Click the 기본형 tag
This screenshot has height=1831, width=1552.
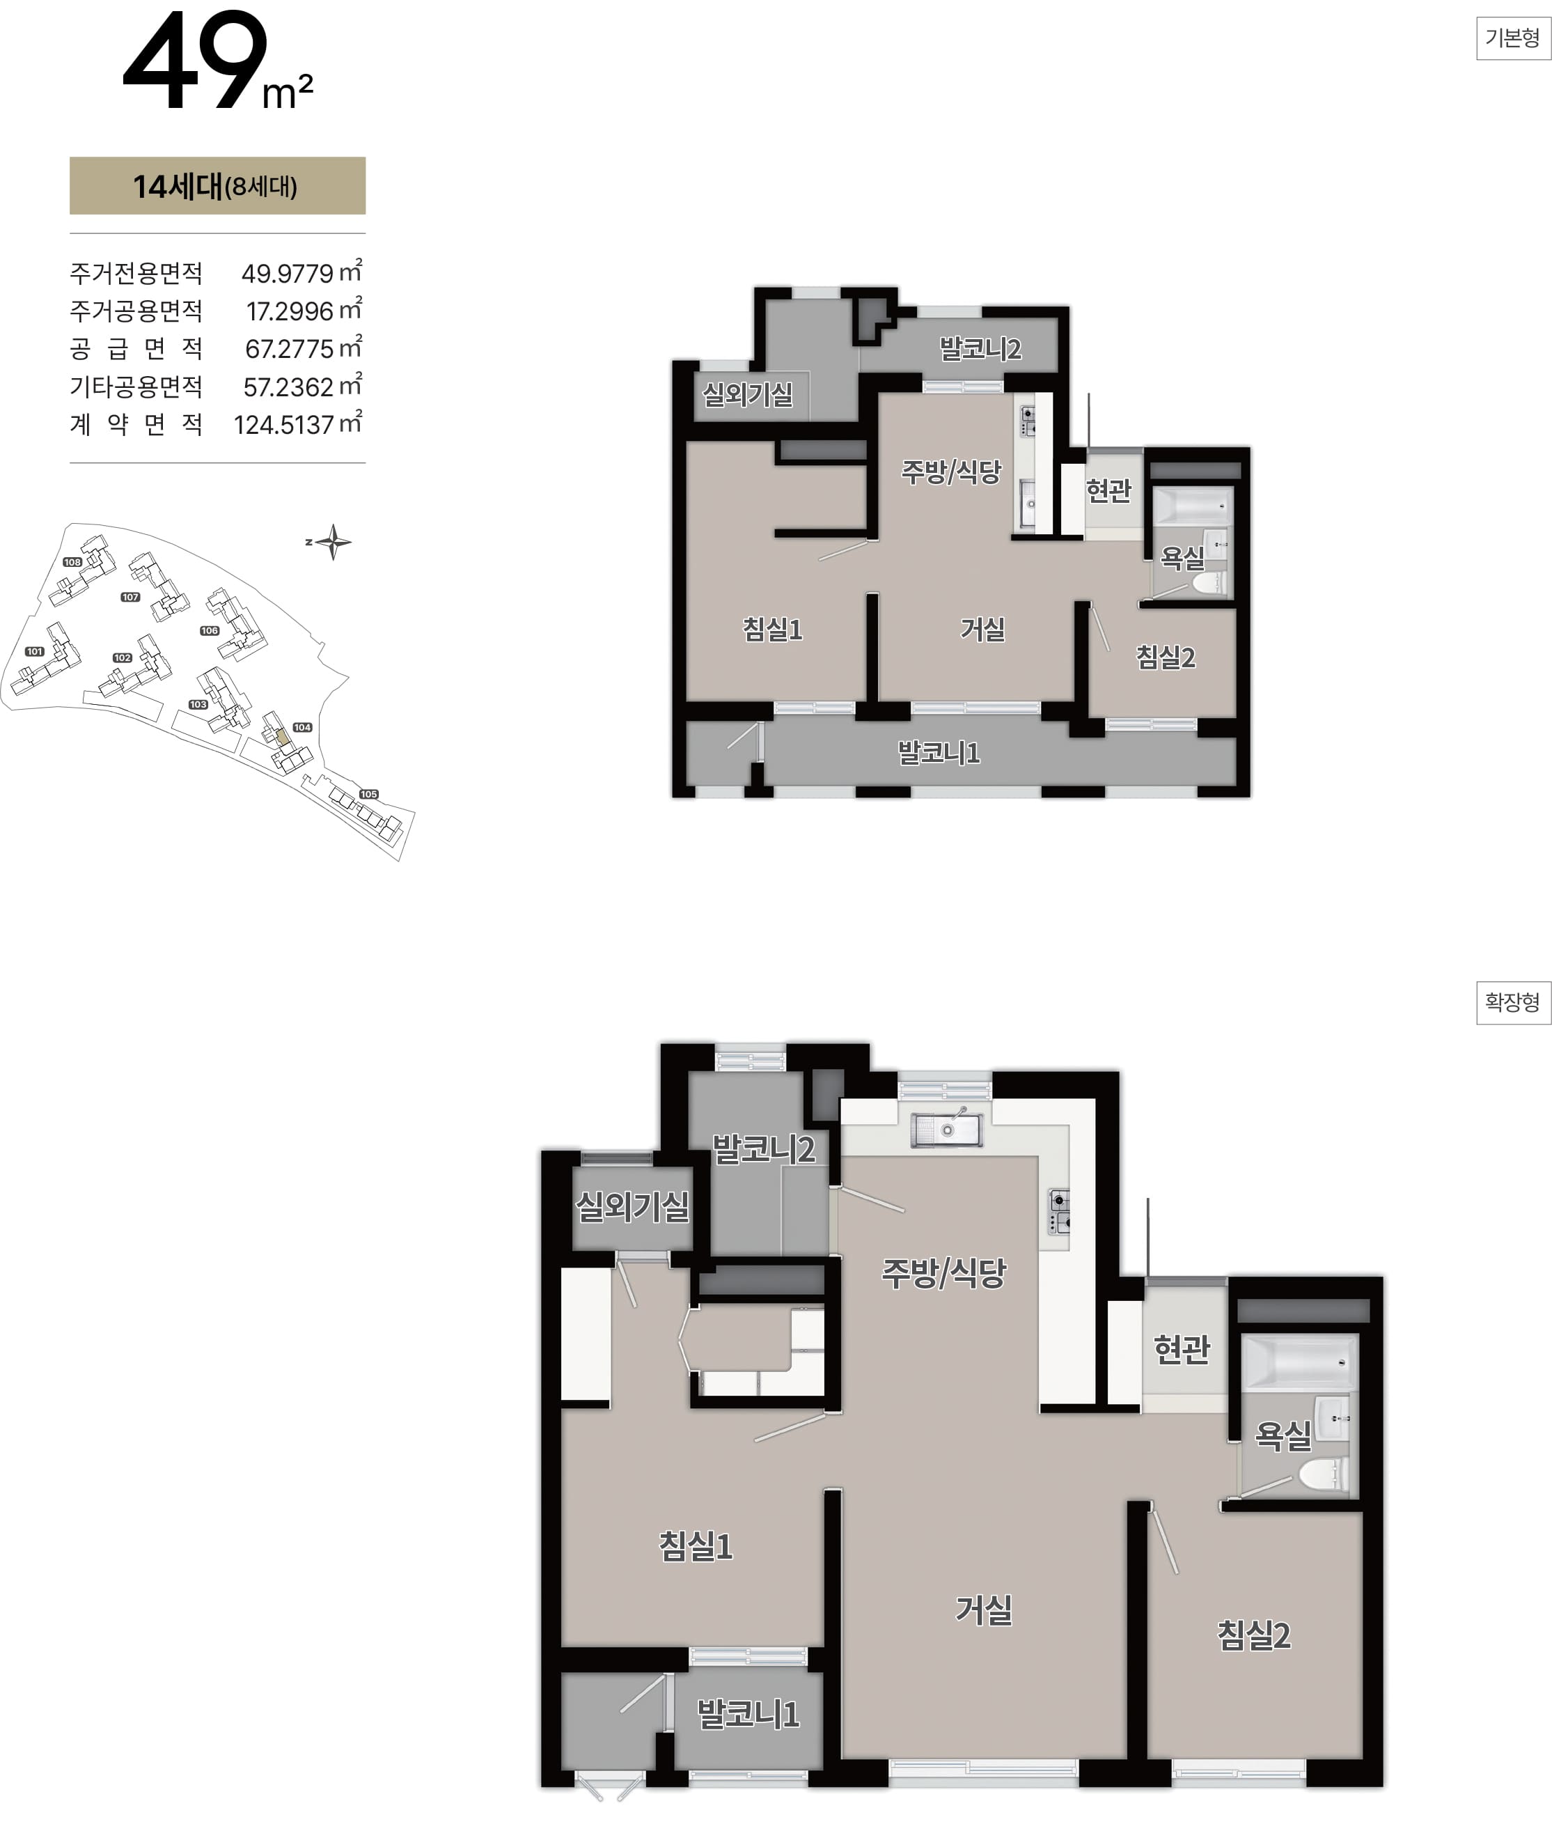[x=1512, y=38]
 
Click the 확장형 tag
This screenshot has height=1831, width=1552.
[x=1512, y=1002]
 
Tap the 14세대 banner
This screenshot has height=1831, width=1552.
[x=217, y=186]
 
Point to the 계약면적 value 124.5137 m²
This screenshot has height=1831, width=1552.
[x=297, y=423]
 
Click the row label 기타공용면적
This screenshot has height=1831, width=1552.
[x=136, y=387]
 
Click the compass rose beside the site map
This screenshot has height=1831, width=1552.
[x=333, y=542]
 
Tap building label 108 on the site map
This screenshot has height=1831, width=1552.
[x=72, y=562]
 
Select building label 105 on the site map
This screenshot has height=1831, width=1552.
[x=368, y=794]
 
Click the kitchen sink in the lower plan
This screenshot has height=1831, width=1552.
[x=947, y=1130]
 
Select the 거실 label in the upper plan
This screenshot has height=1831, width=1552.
[x=982, y=629]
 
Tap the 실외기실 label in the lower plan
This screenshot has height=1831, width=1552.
[x=632, y=1206]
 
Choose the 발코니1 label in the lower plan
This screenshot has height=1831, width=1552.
[x=748, y=1714]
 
